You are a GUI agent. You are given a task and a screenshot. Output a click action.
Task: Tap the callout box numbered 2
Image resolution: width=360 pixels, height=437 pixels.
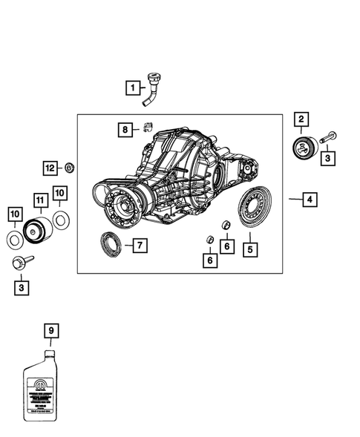point(301,119)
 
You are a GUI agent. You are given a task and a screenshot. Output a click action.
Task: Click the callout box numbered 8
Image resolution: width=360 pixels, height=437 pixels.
point(125,130)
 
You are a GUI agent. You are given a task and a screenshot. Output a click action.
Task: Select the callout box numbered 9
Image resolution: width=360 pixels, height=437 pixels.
point(50,329)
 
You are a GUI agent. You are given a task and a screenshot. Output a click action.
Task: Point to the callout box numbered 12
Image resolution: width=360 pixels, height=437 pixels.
point(49,168)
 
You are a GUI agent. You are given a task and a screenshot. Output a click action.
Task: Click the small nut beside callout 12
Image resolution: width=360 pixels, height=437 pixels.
point(69,168)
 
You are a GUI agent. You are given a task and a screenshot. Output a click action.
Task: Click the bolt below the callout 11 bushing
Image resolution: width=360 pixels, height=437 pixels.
point(22,263)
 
